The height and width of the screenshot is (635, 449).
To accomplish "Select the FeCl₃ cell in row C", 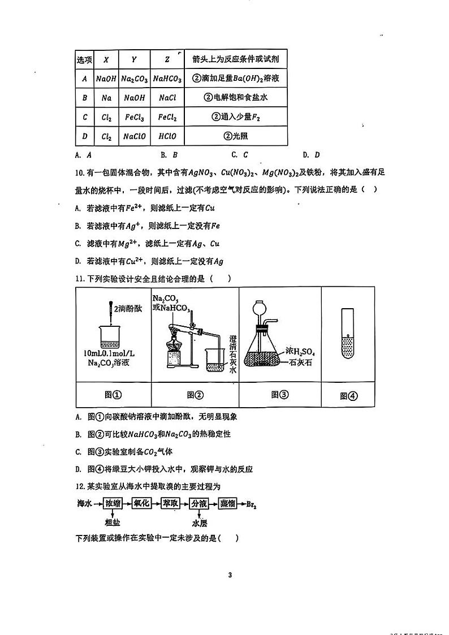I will [134, 118].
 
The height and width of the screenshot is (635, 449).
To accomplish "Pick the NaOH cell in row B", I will [134, 98].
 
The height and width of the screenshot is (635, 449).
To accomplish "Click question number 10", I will [80, 172].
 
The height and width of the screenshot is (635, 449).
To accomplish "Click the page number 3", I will [230, 576].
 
